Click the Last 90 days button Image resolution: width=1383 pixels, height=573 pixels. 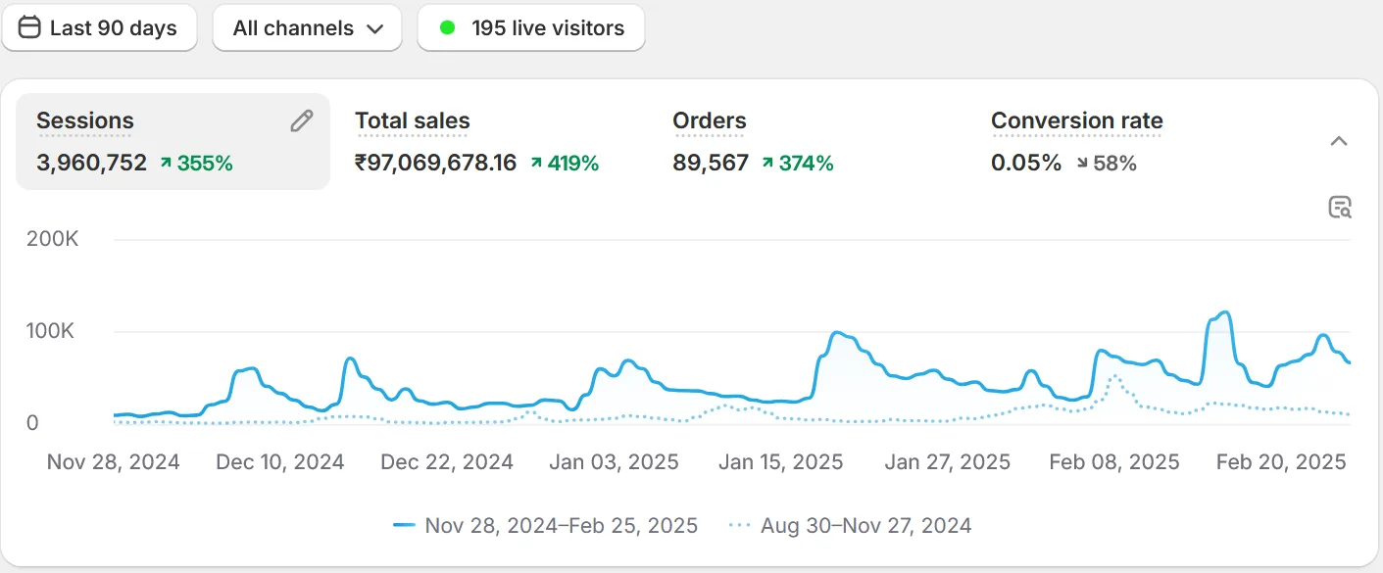pos(99,27)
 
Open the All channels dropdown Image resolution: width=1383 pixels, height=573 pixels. pos(307,27)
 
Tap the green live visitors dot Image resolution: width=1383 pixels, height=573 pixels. pos(448,27)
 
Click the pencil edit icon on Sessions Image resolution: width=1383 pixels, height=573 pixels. pos(302,120)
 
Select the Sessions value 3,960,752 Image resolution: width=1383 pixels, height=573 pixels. pos(91,164)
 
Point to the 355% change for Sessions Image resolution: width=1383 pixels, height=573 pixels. pos(196,164)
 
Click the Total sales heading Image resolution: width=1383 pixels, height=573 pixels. pos(412,120)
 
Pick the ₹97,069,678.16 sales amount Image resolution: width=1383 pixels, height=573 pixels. pos(435,164)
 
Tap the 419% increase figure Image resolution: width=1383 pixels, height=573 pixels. pos(565,164)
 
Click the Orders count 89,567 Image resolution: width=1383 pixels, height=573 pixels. pos(710,164)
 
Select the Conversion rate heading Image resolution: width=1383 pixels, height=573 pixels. pos(1076,120)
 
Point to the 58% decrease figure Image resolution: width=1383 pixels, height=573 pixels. pos(1107,164)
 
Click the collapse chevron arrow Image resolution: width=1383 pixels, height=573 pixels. pos(1339,141)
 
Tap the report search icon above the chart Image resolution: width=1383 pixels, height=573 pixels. pos(1339,207)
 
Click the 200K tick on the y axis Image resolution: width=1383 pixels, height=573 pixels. pos(53,239)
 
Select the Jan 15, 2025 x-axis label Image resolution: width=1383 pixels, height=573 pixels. pos(780,462)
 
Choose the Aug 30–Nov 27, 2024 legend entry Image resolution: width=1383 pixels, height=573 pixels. pos(851,526)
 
